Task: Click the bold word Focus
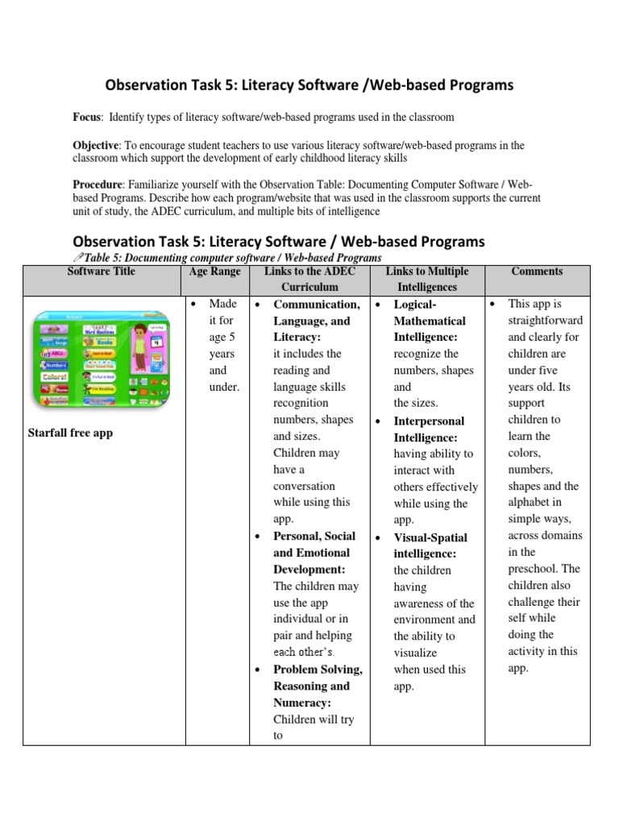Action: click(87, 118)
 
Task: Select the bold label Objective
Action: click(96, 146)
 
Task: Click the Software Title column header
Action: click(102, 272)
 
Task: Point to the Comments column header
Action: click(536, 272)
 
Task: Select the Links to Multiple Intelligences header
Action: click(426, 279)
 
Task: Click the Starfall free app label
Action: click(70, 433)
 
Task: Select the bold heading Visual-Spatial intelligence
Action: click(430, 545)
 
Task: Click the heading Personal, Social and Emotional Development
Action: click(314, 553)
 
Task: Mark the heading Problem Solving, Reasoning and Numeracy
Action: click(317, 686)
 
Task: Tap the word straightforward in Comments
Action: click(546, 321)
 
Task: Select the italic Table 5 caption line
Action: click(231, 258)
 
